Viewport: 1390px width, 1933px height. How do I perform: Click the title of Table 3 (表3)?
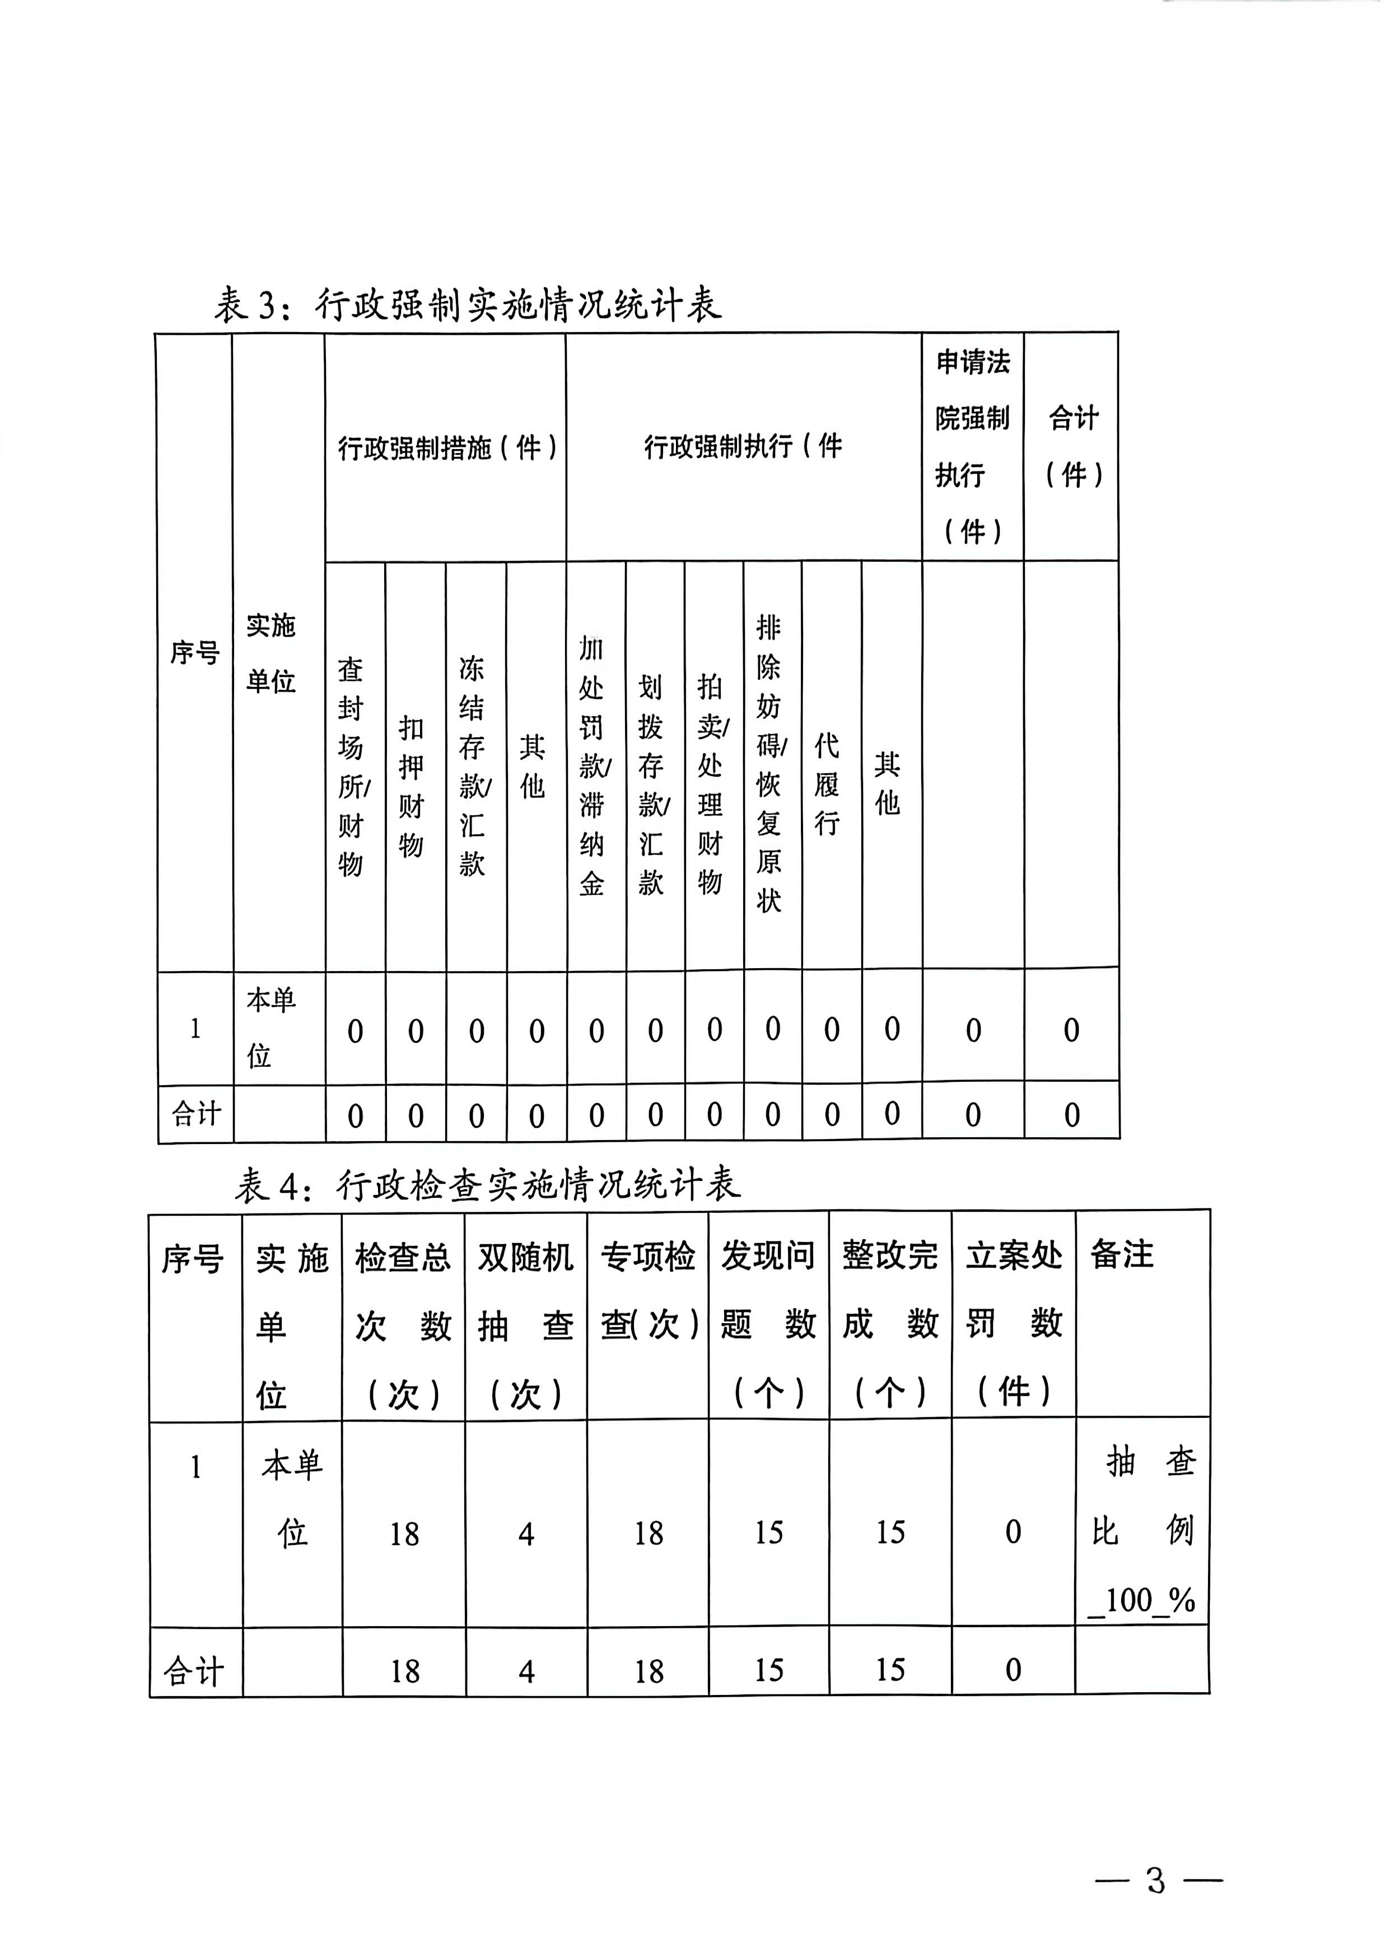pos(467,304)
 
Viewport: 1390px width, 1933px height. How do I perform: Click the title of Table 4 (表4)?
pos(487,1185)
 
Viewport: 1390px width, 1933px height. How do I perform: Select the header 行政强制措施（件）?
pos(446,447)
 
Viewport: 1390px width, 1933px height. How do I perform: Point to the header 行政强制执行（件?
pos(742,445)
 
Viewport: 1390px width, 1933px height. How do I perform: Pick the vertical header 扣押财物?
pos(412,785)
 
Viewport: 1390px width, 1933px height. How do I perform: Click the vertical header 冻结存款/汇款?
pos(473,766)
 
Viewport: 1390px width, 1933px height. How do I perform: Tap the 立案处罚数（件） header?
pos(1013,1324)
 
